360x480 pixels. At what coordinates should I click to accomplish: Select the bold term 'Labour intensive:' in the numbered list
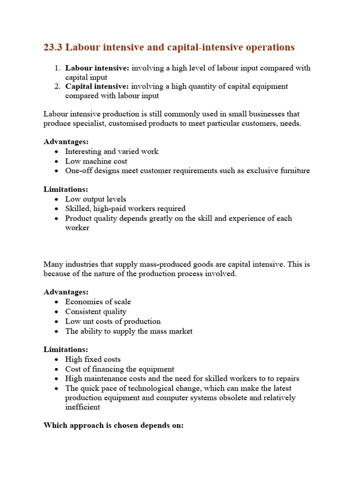[97, 68]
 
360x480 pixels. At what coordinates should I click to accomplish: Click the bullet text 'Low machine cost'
[96, 161]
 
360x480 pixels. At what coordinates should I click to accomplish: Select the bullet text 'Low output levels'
[96, 199]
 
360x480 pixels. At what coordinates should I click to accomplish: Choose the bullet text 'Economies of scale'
[98, 302]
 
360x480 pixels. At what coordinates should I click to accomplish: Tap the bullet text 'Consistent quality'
[96, 312]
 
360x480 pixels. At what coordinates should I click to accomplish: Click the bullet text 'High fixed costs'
[93, 360]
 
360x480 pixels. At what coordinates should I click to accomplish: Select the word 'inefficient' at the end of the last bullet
[82, 407]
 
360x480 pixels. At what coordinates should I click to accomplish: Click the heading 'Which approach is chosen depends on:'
[113, 426]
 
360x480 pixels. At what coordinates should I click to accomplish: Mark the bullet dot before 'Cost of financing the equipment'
[57, 369]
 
